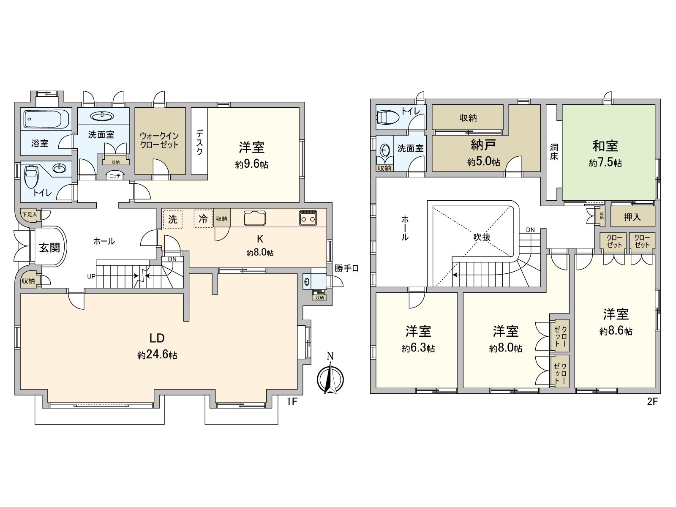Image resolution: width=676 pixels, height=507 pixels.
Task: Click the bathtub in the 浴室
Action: pyautogui.click(x=46, y=120)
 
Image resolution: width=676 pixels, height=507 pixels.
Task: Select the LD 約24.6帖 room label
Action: pyautogui.click(x=157, y=346)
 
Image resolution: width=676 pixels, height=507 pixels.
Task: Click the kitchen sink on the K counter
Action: pyautogui.click(x=255, y=218)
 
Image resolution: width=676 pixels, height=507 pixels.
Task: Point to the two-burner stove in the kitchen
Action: pyautogui.click(x=308, y=218)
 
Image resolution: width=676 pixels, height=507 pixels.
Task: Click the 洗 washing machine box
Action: pyautogui.click(x=173, y=219)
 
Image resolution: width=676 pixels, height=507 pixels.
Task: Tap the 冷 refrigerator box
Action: pyautogui.click(x=203, y=219)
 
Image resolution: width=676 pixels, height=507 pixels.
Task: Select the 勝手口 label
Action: pyautogui.click(x=346, y=268)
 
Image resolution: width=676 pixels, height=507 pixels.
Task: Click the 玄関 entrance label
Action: pyautogui.click(x=49, y=247)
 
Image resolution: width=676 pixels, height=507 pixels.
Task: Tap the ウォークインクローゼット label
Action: pyautogui.click(x=159, y=140)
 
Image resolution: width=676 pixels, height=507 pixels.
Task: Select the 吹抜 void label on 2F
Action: pyautogui.click(x=482, y=237)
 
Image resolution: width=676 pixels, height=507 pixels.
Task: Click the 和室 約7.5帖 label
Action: pyautogui.click(x=605, y=153)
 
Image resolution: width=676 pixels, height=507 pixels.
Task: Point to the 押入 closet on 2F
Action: pyautogui.click(x=632, y=217)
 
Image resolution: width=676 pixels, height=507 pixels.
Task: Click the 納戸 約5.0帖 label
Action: pyautogui.click(x=484, y=152)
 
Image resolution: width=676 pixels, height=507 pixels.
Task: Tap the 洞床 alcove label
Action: pyautogui.click(x=554, y=152)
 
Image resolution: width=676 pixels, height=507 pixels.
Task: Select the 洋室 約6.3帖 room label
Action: pyautogui.click(x=418, y=338)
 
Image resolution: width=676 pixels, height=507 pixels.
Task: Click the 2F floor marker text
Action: pyautogui.click(x=652, y=402)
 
